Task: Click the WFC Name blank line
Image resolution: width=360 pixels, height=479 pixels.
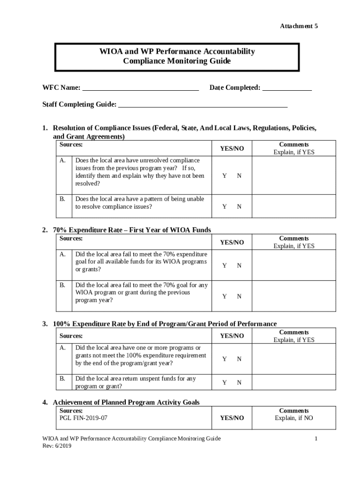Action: click(140, 88)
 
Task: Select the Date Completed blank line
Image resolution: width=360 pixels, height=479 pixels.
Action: click(287, 88)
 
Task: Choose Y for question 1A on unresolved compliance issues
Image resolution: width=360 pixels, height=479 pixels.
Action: click(224, 176)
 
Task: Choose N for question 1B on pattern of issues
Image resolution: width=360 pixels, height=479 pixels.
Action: click(239, 206)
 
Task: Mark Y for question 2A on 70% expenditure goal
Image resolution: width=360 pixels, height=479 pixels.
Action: click(224, 265)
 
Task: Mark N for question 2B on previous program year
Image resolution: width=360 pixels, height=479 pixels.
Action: click(239, 296)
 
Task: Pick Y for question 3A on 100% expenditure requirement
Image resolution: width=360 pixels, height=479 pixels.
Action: click(224, 359)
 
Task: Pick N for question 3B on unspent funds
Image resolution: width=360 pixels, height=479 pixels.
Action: click(239, 383)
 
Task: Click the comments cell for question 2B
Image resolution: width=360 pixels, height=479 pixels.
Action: click(294, 296)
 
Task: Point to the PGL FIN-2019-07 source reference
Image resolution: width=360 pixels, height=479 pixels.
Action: click(84, 418)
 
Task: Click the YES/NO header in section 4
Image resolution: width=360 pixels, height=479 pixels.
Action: click(232, 418)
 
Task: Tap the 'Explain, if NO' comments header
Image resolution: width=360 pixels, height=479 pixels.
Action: click(294, 418)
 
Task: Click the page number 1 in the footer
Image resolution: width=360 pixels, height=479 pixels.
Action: click(316, 438)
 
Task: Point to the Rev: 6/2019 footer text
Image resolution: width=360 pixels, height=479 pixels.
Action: click(57, 446)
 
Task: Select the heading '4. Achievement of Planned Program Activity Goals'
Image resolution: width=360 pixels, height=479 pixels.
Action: click(126, 402)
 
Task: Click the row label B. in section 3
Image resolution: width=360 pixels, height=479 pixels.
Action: click(63, 379)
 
